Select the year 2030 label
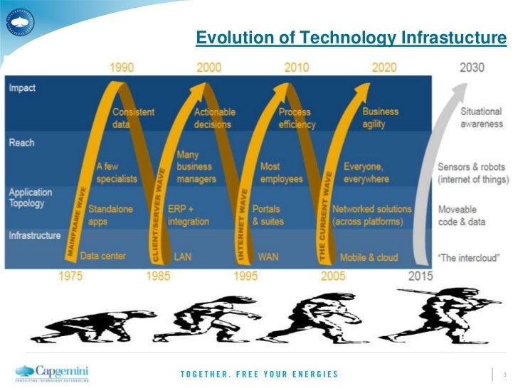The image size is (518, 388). [x=472, y=68]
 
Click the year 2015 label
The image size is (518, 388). [x=421, y=276]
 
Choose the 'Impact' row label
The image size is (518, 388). [x=22, y=88]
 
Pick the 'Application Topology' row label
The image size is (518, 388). [x=31, y=198]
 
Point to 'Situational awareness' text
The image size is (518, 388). [x=481, y=117]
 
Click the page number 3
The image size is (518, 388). [x=504, y=374]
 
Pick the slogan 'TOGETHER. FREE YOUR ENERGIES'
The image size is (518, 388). [x=259, y=374]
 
